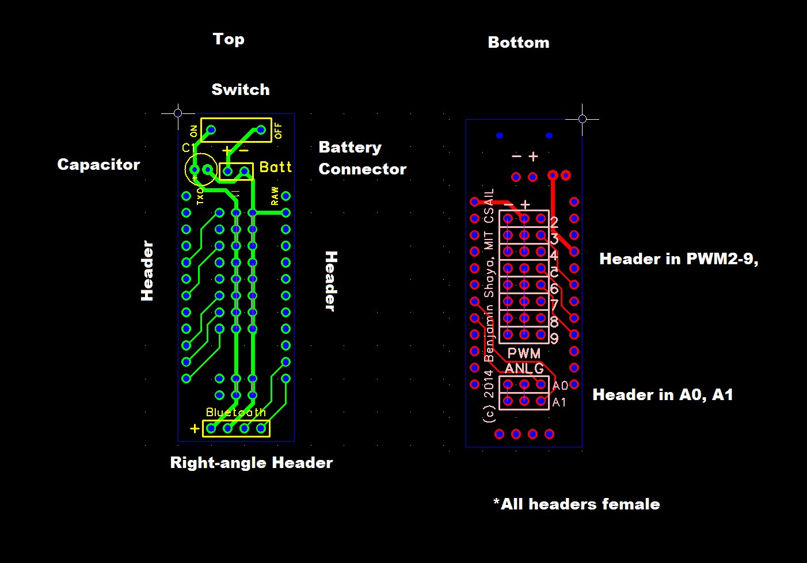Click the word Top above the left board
(229, 39)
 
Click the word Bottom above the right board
(518, 43)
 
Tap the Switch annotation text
(240, 90)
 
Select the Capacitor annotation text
(98, 165)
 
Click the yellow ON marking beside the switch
(193, 131)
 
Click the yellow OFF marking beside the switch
(279, 131)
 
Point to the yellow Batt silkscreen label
(276, 167)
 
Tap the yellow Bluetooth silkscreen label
(236, 412)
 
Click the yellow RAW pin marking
(275, 196)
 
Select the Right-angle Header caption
(251, 463)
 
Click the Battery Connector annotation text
(362, 158)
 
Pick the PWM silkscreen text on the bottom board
(524, 353)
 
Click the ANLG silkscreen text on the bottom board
(524, 368)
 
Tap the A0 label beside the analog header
(560, 385)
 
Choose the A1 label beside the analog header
(559, 402)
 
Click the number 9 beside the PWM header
(554, 338)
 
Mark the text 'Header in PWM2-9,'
(679, 259)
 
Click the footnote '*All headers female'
(576, 504)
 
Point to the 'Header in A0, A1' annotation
(663, 395)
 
